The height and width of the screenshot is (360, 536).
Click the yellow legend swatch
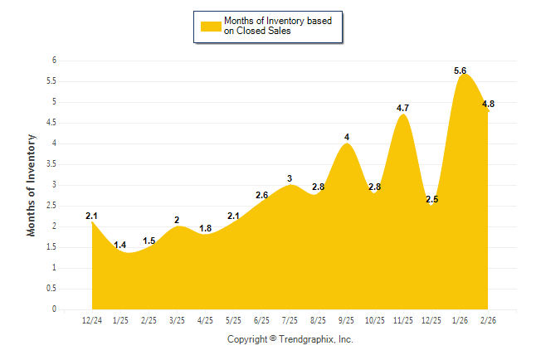tap(211, 26)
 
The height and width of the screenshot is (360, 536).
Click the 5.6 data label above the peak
tap(460, 71)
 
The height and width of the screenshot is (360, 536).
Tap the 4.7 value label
tap(403, 109)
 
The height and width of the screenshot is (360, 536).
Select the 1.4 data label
tap(120, 245)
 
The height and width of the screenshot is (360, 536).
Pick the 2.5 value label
tap(431, 200)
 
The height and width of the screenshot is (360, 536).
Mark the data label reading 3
tap(290, 178)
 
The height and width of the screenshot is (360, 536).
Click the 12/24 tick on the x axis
tap(92, 320)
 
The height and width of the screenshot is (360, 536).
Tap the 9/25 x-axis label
tap(347, 320)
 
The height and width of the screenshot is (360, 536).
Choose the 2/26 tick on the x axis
tap(489, 320)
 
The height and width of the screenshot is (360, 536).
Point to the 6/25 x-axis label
tap(262, 320)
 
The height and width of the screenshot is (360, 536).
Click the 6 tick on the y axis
tap(54, 61)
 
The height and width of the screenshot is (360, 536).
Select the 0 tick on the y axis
tap(54, 309)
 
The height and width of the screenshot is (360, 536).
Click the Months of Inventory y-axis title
tap(32, 185)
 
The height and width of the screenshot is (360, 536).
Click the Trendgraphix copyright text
tap(290, 339)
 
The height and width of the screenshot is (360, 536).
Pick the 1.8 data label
tap(206, 228)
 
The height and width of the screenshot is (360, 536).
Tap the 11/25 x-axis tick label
tap(403, 320)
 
